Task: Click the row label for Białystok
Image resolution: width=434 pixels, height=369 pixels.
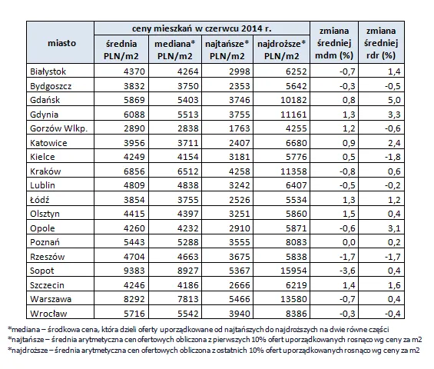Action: [x=48, y=71]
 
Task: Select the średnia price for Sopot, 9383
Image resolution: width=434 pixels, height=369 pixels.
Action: [x=134, y=271]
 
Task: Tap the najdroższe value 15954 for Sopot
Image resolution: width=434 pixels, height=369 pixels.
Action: [x=293, y=271]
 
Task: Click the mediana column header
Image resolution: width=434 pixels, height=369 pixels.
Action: [x=175, y=50]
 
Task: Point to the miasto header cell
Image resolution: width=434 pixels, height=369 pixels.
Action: [x=61, y=43]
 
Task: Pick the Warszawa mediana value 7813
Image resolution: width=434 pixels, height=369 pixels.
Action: [x=188, y=299]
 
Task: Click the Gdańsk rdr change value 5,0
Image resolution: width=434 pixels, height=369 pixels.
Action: [x=394, y=100]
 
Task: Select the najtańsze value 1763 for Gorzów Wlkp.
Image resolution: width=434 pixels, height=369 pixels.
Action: [x=240, y=128]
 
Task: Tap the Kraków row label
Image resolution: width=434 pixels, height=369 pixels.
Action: [x=45, y=171]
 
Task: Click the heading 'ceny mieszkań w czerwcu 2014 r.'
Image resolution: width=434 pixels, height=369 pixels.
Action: [x=202, y=28]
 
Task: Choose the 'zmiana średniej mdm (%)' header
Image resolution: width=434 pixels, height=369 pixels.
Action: [x=334, y=43]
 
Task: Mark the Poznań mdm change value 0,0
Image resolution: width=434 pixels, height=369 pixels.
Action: [x=349, y=242]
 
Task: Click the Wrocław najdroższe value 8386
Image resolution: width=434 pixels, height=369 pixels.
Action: [x=297, y=314]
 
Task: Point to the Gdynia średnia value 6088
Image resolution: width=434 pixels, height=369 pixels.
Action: [x=134, y=115]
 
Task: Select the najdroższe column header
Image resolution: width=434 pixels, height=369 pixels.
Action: [x=282, y=50]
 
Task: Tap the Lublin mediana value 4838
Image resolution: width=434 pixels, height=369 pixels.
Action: [x=188, y=185]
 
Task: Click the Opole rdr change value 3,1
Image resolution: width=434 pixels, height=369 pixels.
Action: [x=394, y=228]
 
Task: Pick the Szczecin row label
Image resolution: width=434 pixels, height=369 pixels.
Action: [x=47, y=285]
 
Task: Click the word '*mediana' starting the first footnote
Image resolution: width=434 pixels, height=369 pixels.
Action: [x=25, y=330]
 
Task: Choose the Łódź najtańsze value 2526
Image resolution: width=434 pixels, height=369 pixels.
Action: [x=240, y=200]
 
